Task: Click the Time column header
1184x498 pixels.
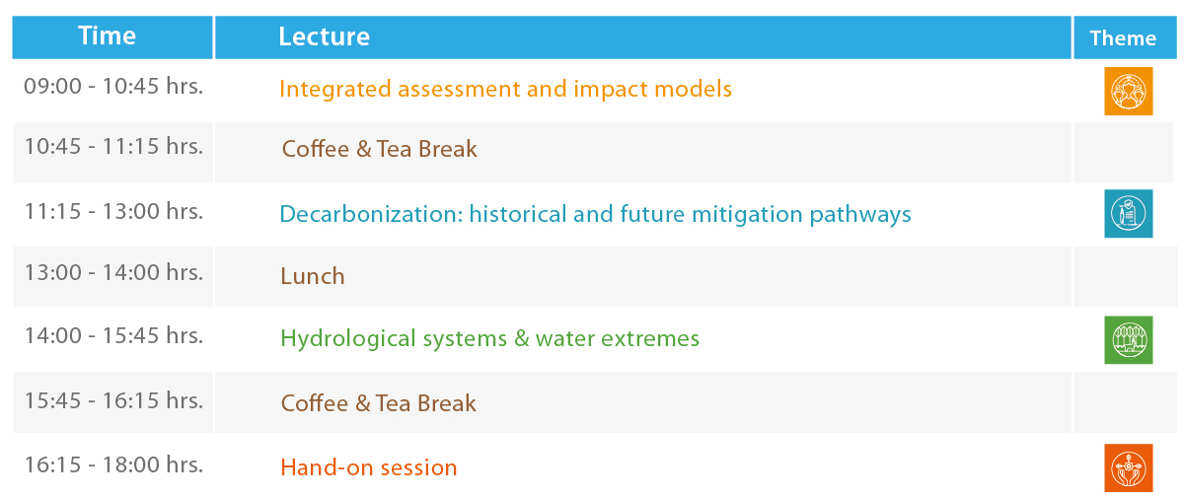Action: pyautogui.click(x=107, y=36)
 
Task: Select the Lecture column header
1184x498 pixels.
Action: pyautogui.click(x=324, y=36)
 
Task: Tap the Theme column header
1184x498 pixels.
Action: pyautogui.click(x=1123, y=38)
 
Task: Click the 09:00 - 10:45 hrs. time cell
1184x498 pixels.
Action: pyautogui.click(x=113, y=86)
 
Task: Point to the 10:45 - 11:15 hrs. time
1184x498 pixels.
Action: pyautogui.click(x=113, y=146)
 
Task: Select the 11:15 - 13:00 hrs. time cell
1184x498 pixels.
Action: pyautogui.click(x=113, y=211)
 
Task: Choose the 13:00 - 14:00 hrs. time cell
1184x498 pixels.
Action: pyautogui.click(x=113, y=272)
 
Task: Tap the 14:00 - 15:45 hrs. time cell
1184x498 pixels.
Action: pyautogui.click(x=113, y=336)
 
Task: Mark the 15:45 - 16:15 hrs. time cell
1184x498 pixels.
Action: pyautogui.click(x=113, y=400)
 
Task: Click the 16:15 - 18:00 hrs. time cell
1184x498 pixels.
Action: pyautogui.click(x=113, y=465)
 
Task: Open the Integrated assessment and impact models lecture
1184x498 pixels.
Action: pyautogui.click(x=505, y=89)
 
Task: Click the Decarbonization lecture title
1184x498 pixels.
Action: pyautogui.click(x=595, y=214)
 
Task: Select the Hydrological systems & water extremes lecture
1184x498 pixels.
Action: pyautogui.click(x=489, y=338)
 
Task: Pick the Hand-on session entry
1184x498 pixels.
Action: pyautogui.click(x=368, y=467)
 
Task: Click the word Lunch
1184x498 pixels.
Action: pyautogui.click(x=313, y=276)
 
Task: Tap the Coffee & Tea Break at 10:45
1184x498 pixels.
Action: pyautogui.click(x=379, y=149)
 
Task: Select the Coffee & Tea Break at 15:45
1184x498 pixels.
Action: pyautogui.click(x=378, y=403)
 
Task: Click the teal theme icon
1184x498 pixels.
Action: pyautogui.click(x=1128, y=213)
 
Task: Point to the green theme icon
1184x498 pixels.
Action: pyautogui.click(x=1128, y=340)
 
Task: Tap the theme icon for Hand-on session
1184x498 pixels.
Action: pyautogui.click(x=1128, y=467)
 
